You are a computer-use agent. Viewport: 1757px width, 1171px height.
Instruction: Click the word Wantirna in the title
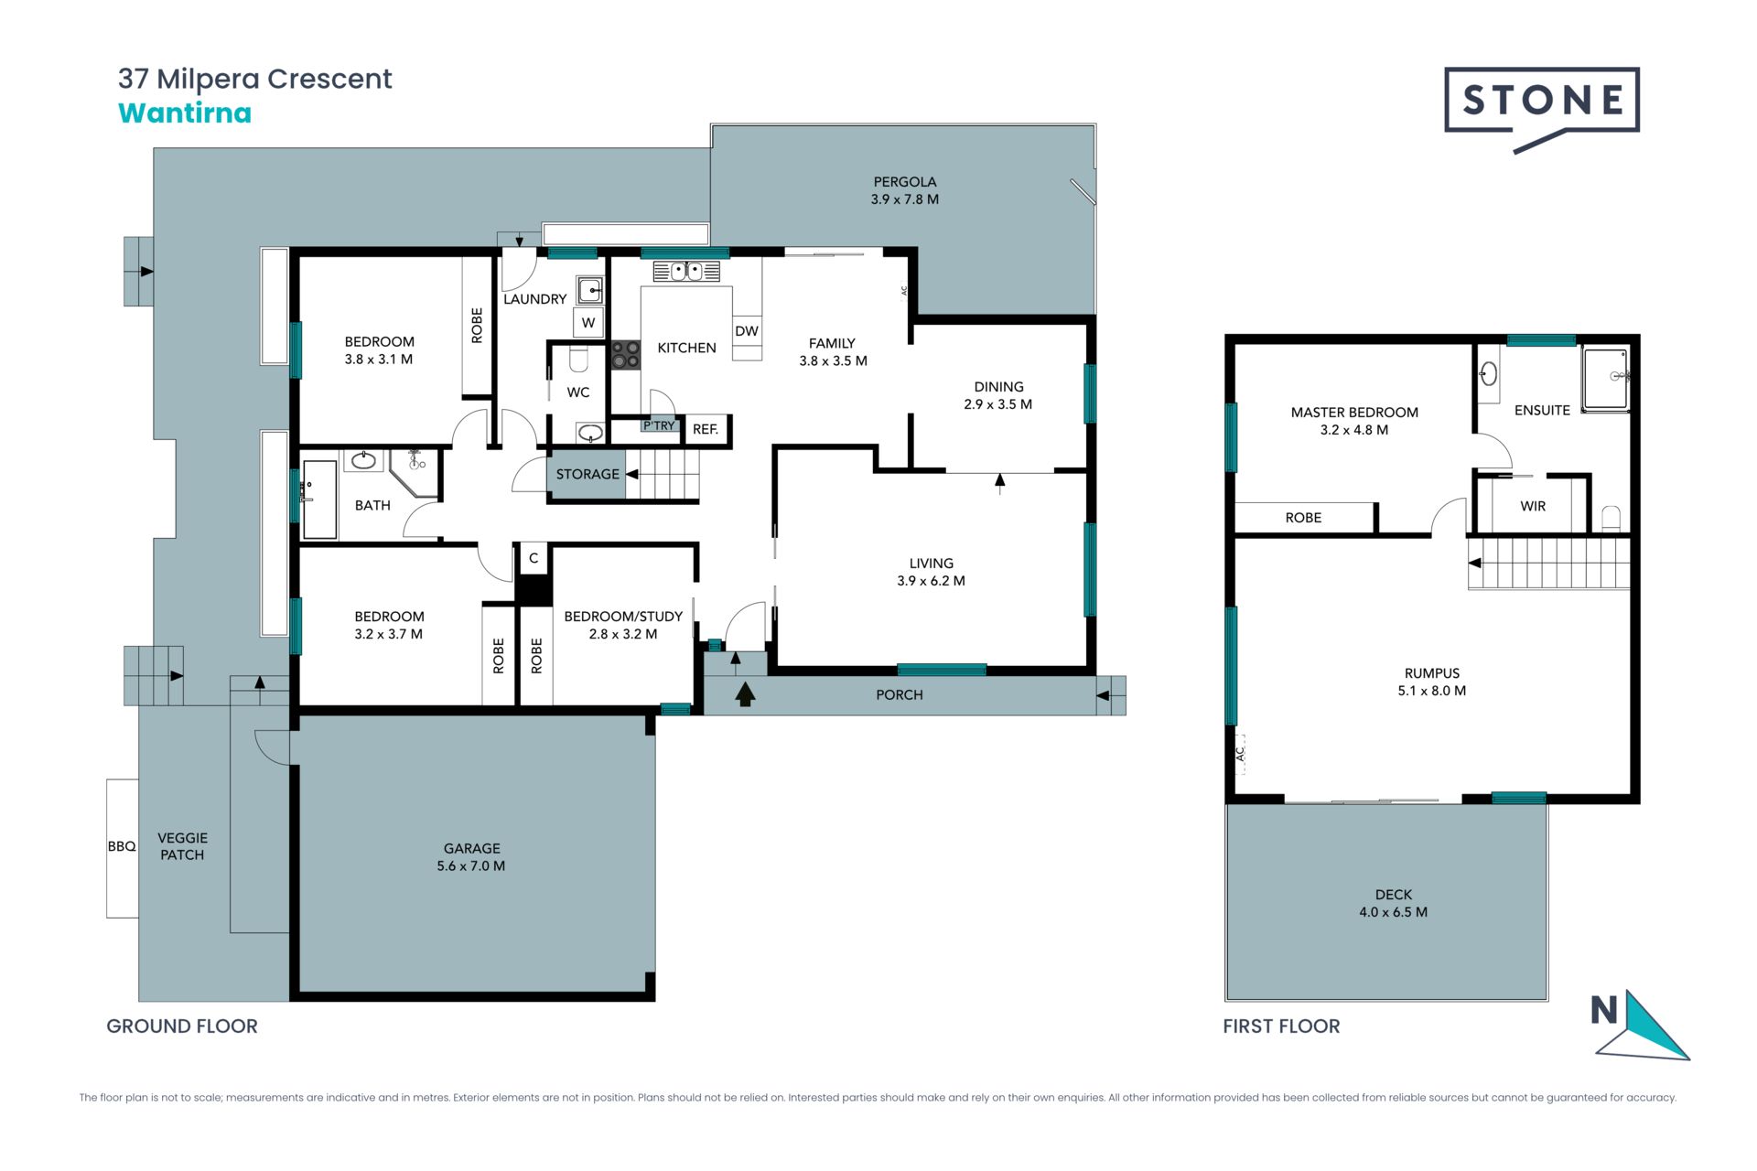[x=185, y=113]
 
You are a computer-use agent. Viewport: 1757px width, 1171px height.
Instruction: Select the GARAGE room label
[x=472, y=849]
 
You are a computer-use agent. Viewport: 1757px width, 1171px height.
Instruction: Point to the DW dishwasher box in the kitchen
[x=747, y=331]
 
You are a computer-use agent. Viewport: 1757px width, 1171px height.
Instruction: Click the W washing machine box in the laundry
[x=588, y=322]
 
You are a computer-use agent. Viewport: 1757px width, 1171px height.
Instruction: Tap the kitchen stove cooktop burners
[x=626, y=355]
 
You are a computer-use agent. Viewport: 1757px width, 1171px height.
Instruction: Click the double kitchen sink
[x=686, y=271]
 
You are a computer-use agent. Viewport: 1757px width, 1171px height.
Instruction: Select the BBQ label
[x=122, y=847]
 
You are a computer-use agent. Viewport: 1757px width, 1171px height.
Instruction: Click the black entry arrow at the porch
[x=746, y=694]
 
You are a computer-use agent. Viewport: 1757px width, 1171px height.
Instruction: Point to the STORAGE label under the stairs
[x=587, y=474]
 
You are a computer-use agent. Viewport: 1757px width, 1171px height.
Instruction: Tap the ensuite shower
[x=1607, y=379]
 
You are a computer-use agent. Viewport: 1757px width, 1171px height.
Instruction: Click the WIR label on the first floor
[x=1533, y=507]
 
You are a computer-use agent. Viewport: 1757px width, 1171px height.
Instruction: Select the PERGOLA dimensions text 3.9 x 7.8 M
[x=905, y=199]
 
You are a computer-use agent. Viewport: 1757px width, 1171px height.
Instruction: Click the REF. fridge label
[x=706, y=429]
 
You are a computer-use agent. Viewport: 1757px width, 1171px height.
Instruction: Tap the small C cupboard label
[x=534, y=558]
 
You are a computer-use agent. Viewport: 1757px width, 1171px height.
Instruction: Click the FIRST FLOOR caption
[x=1281, y=1026]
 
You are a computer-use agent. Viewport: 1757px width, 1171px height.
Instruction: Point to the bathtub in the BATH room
[x=319, y=500]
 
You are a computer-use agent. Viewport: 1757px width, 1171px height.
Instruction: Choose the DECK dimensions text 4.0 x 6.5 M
[x=1394, y=912]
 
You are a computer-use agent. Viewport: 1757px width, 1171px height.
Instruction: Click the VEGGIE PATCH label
[x=182, y=846]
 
